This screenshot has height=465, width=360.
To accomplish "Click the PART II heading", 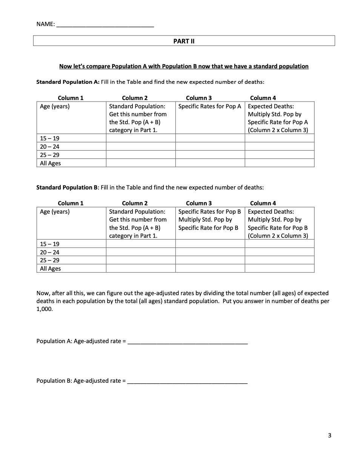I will click(184, 41).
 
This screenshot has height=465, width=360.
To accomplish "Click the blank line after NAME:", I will click(105, 25).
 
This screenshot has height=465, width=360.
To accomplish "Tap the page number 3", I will click(329, 436).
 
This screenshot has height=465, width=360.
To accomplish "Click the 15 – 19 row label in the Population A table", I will click(49, 139).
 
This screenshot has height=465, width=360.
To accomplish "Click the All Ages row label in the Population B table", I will click(50, 269).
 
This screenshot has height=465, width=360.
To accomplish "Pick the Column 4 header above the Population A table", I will click(263, 98).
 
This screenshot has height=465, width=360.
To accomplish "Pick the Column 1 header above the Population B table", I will click(71, 203).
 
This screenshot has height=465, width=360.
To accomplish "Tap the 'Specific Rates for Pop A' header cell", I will click(209, 106).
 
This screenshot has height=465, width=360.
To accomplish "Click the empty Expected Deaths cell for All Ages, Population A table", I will click(279, 163).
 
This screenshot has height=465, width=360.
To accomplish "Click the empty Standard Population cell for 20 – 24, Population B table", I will click(140, 252).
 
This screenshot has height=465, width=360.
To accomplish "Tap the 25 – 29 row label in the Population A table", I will click(49, 155).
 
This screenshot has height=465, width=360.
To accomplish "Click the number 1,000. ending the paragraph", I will click(45, 309).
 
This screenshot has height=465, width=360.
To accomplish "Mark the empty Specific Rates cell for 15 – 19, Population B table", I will click(210, 244).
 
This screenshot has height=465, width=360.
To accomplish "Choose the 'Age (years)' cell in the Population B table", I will click(55, 212).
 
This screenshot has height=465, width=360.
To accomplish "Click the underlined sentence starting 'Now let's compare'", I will click(184, 66).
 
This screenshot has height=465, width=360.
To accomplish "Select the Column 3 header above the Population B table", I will click(198, 203).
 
